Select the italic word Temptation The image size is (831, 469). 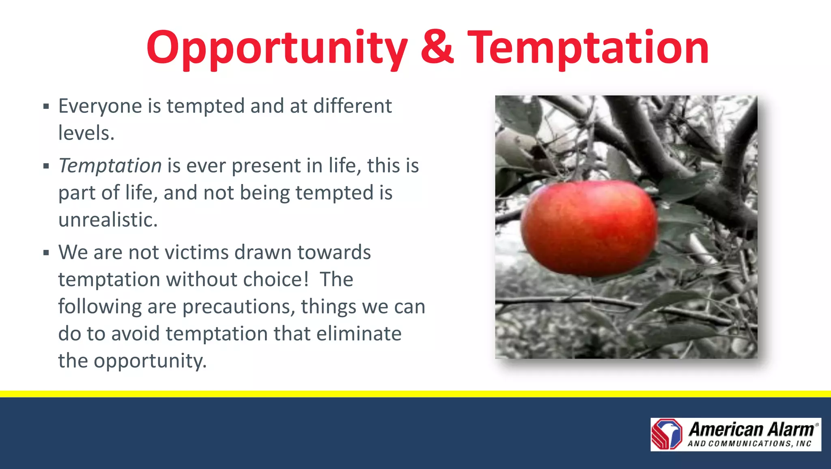(110, 166)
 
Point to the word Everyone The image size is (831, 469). (100, 106)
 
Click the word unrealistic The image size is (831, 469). (108, 220)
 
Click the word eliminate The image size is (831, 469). (359, 333)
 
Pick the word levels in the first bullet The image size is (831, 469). (86, 133)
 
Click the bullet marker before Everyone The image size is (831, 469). (46, 107)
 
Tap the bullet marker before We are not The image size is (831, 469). (46, 253)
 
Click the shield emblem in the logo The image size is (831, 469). (667, 434)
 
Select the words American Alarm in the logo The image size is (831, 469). (751, 429)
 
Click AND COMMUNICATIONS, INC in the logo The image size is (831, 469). (749, 444)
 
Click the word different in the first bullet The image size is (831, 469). (352, 106)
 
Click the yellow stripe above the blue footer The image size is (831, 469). (415, 394)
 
